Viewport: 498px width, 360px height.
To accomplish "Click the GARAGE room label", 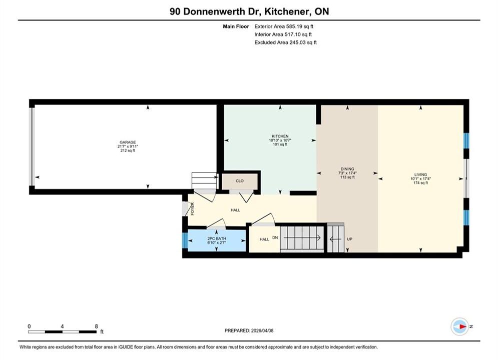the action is point(128,142).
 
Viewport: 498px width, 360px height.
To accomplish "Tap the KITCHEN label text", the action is point(280,136).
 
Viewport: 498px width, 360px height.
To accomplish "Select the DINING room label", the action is point(347,169).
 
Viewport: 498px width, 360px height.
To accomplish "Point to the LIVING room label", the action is point(420,174).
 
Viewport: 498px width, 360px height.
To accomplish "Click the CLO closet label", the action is point(240,181).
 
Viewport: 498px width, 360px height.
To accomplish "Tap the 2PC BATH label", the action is point(217,238).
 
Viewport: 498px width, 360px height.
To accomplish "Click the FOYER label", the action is point(192,209).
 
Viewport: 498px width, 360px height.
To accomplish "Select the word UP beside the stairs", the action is point(350,239).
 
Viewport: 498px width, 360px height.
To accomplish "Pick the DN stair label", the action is point(275,237).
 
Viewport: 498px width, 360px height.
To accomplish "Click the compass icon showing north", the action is point(459,326).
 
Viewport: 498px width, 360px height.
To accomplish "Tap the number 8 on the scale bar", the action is point(96,326).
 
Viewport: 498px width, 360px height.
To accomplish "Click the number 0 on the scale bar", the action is point(29,326).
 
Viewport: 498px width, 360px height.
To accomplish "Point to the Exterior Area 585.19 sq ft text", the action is point(284,26).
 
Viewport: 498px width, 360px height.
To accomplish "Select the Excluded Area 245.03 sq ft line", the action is point(285,42).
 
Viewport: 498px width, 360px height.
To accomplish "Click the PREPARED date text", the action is point(249,330).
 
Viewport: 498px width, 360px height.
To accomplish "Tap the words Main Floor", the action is point(236,26).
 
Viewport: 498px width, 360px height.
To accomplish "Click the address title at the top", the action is point(249,11).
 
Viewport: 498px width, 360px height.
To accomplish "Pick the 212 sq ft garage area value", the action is point(128,150).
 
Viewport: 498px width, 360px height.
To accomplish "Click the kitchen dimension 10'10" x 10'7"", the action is point(280,140).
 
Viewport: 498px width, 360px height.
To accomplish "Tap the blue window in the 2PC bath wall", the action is point(185,240).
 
